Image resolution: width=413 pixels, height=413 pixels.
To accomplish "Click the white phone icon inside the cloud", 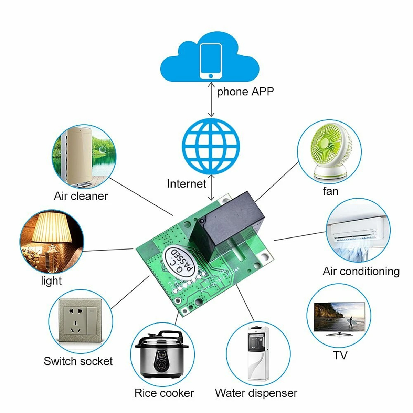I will coord(211,61).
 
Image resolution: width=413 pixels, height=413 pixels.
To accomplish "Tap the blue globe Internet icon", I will coord(211,146).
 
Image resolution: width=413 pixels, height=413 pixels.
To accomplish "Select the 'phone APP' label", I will coord(245,92).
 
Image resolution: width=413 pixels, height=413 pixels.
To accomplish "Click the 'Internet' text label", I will coord(186,184).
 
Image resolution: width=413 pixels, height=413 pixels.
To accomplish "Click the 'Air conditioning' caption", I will coord(361,271).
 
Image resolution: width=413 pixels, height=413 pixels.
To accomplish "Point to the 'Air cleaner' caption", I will coord(81,196).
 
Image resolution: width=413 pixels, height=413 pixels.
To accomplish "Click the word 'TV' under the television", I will coord(340,355).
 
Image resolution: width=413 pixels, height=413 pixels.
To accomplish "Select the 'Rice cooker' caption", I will coord(164,393).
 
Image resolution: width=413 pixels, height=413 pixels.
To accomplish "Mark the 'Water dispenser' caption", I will coord(256,393).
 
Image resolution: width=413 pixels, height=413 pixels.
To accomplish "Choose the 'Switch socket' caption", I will coord(78,361).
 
